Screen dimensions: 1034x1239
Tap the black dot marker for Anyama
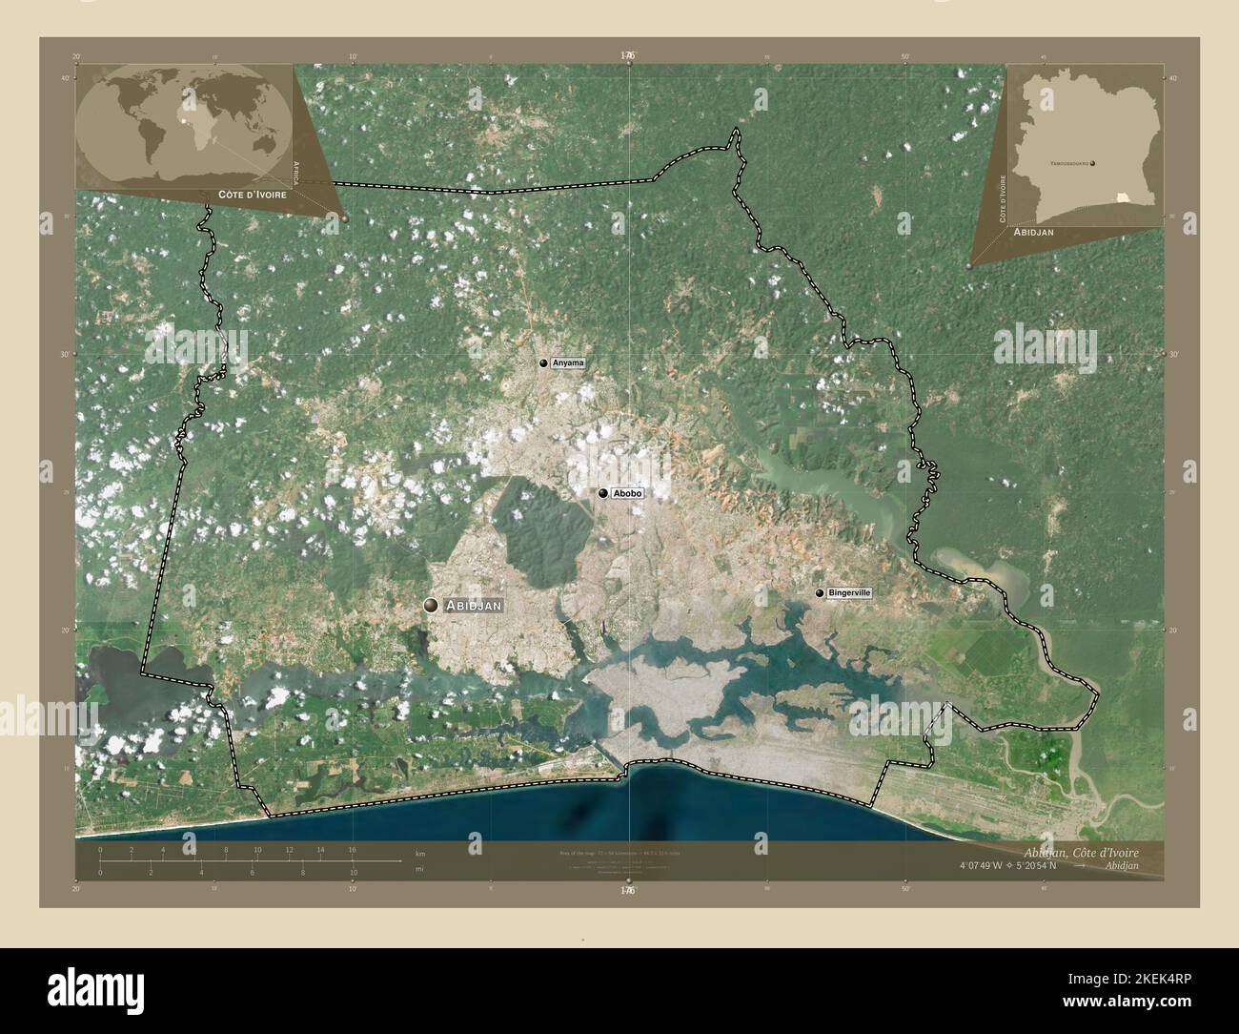coord(543,363)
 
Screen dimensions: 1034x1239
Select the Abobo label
coord(628,493)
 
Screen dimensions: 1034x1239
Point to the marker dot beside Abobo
coord(602,493)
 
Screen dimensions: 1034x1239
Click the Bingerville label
coord(849,592)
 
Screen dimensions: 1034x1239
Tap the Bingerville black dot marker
coord(820,592)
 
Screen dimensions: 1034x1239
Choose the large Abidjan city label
coord(474,605)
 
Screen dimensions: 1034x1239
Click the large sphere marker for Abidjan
coord(432,605)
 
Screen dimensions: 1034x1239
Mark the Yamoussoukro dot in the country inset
coord(1092,163)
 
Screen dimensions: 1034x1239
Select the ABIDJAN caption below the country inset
coord(1040,232)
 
